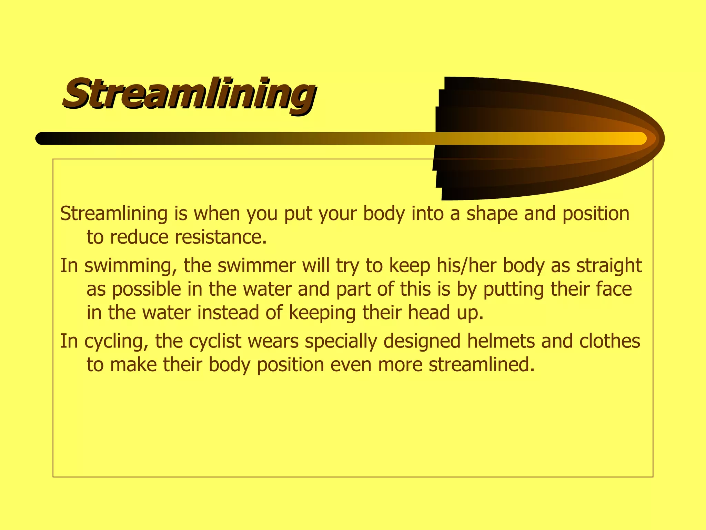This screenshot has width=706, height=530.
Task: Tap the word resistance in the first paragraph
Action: click(221, 237)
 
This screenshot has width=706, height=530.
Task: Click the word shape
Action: click(492, 214)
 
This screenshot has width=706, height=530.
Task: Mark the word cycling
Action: click(116, 342)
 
